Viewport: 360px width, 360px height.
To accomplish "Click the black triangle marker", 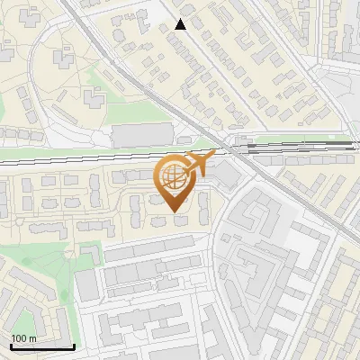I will pos(181,24).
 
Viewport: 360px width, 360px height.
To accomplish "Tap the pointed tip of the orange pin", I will pos(175,213).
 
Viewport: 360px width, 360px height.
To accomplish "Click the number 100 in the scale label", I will pos(19,337).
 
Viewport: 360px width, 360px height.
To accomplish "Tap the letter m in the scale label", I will pos(32,337).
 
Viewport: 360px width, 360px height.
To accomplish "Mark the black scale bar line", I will pos(42,346).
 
